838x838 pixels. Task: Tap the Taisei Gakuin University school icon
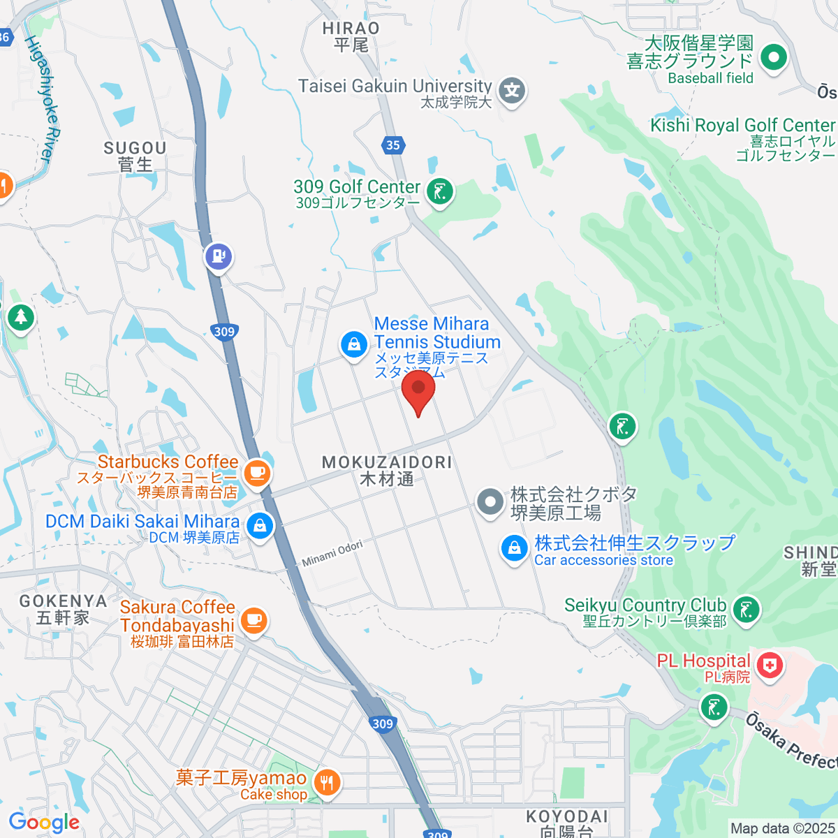click(513, 91)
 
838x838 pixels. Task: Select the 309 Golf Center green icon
click(440, 191)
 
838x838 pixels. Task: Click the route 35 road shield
click(393, 145)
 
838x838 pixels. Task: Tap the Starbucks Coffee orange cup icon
click(257, 472)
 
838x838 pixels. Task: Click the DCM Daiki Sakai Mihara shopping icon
click(260, 526)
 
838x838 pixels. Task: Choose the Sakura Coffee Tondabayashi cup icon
click(253, 619)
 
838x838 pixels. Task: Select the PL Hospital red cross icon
click(769, 665)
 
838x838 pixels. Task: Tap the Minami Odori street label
click(332, 553)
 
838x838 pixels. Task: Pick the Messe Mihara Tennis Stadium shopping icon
click(354, 344)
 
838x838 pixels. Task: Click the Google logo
click(44, 823)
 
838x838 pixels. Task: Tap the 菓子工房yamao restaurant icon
click(327, 783)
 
